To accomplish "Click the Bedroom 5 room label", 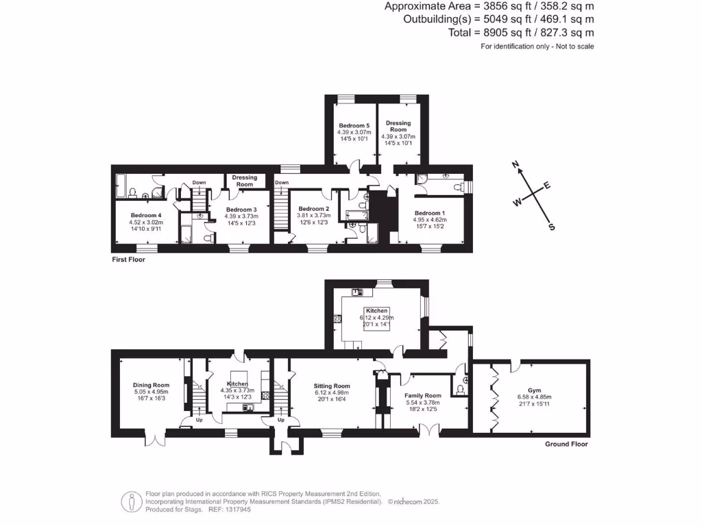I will point(354,126).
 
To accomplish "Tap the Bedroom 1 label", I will point(430,212).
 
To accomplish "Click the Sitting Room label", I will point(332,386).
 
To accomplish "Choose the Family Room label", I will point(423,396).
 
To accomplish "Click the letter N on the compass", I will point(517,164).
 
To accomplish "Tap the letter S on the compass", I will point(551,227).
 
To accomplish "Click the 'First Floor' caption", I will point(128,260).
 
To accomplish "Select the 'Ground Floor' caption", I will point(566,444).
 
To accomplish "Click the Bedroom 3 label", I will point(241,210).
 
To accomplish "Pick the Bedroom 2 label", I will point(313,209).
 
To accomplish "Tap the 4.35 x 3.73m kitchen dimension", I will point(236,390).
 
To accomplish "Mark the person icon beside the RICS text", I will point(130,501).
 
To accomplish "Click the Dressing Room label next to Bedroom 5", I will point(398,126).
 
